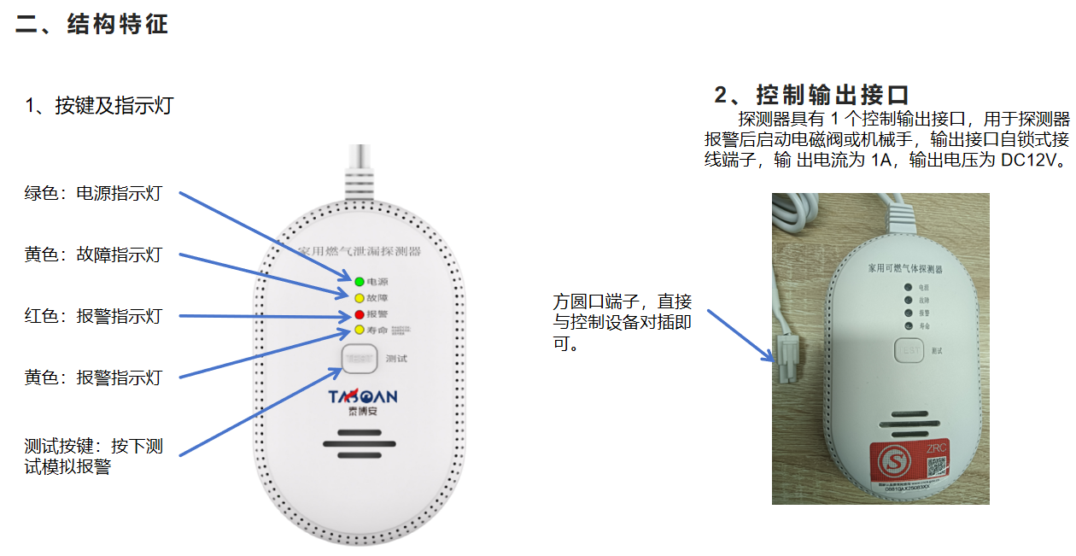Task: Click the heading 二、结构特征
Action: click(x=91, y=24)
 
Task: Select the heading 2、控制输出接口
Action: click(x=811, y=94)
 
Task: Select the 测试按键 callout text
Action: click(x=93, y=456)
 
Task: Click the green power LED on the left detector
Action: click(x=360, y=281)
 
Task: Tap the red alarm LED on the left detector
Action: click(x=360, y=314)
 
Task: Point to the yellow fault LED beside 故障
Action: click(x=360, y=298)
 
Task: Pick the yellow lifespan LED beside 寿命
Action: click(x=360, y=330)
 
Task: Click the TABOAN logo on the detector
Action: click(x=363, y=397)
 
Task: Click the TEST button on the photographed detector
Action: click(x=910, y=349)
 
